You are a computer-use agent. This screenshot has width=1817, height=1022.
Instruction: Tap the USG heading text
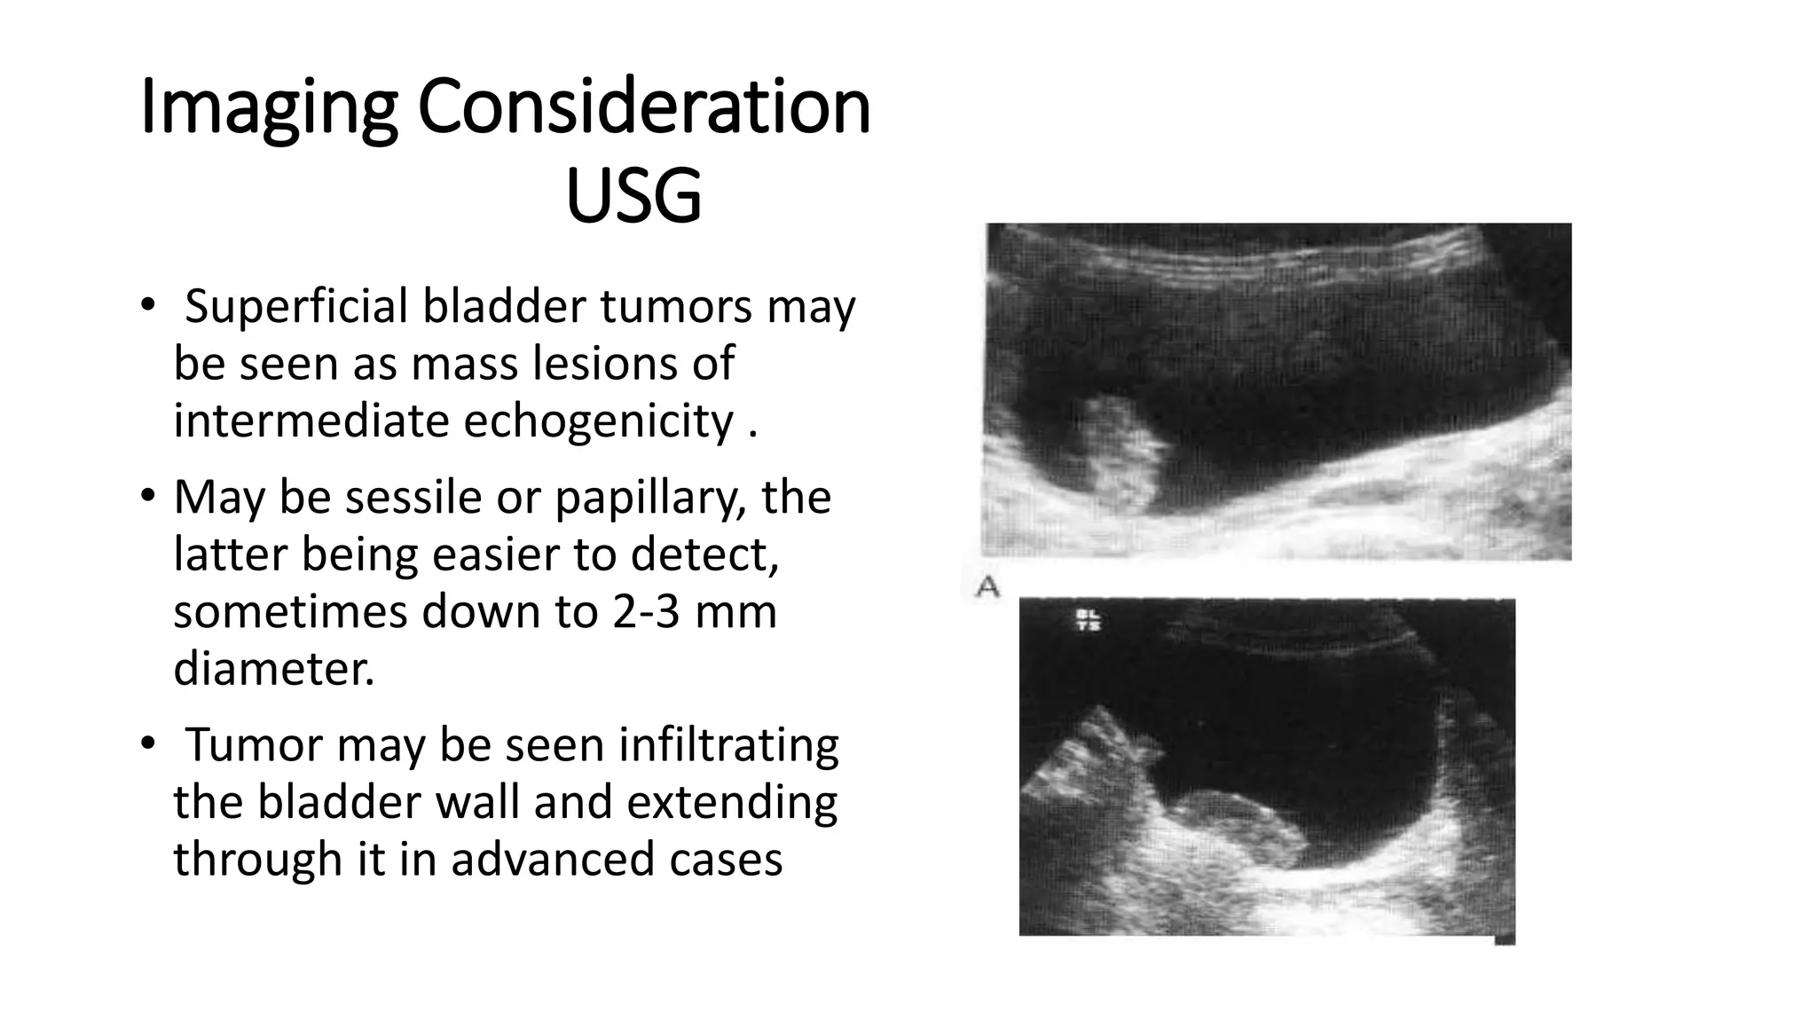[x=633, y=196]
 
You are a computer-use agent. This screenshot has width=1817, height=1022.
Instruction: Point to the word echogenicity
[x=600, y=421]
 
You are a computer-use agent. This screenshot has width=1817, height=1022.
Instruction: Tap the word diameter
[x=273, y=669]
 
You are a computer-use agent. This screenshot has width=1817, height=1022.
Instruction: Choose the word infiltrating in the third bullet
[x=728, y=745]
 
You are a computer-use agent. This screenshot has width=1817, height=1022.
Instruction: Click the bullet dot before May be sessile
[x=147, y=496]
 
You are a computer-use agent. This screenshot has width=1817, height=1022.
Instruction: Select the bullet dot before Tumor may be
[x=147, y=744]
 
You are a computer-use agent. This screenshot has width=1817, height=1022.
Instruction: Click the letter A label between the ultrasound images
[x=987, y=586]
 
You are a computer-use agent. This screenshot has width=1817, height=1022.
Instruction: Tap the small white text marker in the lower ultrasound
[x=1088, y=620]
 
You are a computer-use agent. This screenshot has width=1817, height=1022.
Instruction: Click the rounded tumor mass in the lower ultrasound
[x=1233, y=829]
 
